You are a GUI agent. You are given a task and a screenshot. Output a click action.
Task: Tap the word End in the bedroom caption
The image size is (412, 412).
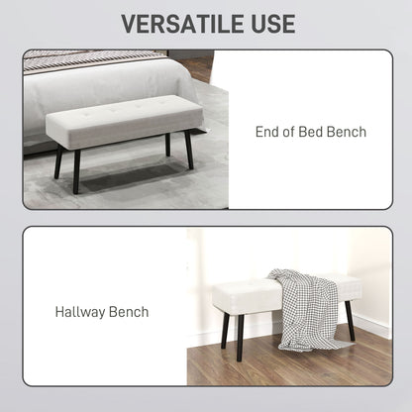click(x=270, y=132)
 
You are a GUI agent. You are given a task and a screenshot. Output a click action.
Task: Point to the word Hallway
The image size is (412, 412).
click(x=80, y=312)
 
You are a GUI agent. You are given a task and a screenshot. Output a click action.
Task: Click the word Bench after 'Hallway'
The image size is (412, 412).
click(x=129, y=312)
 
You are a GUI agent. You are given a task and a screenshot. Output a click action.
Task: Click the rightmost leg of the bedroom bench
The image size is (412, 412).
click(x=187, y=152)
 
